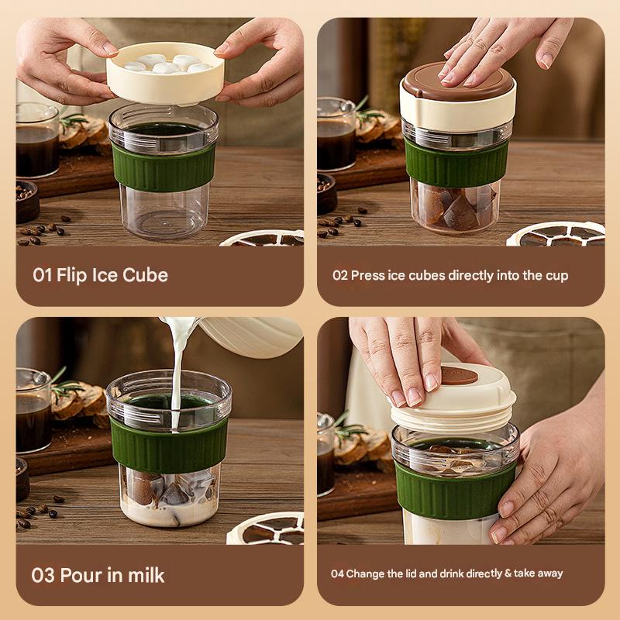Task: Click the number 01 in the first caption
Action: tap(42, 275)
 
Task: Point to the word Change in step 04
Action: tap(363, 573)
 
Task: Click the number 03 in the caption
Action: tap(43, 576)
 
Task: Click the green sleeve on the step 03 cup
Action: tap(168, 445)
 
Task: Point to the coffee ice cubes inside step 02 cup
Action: tap(456, 208)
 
